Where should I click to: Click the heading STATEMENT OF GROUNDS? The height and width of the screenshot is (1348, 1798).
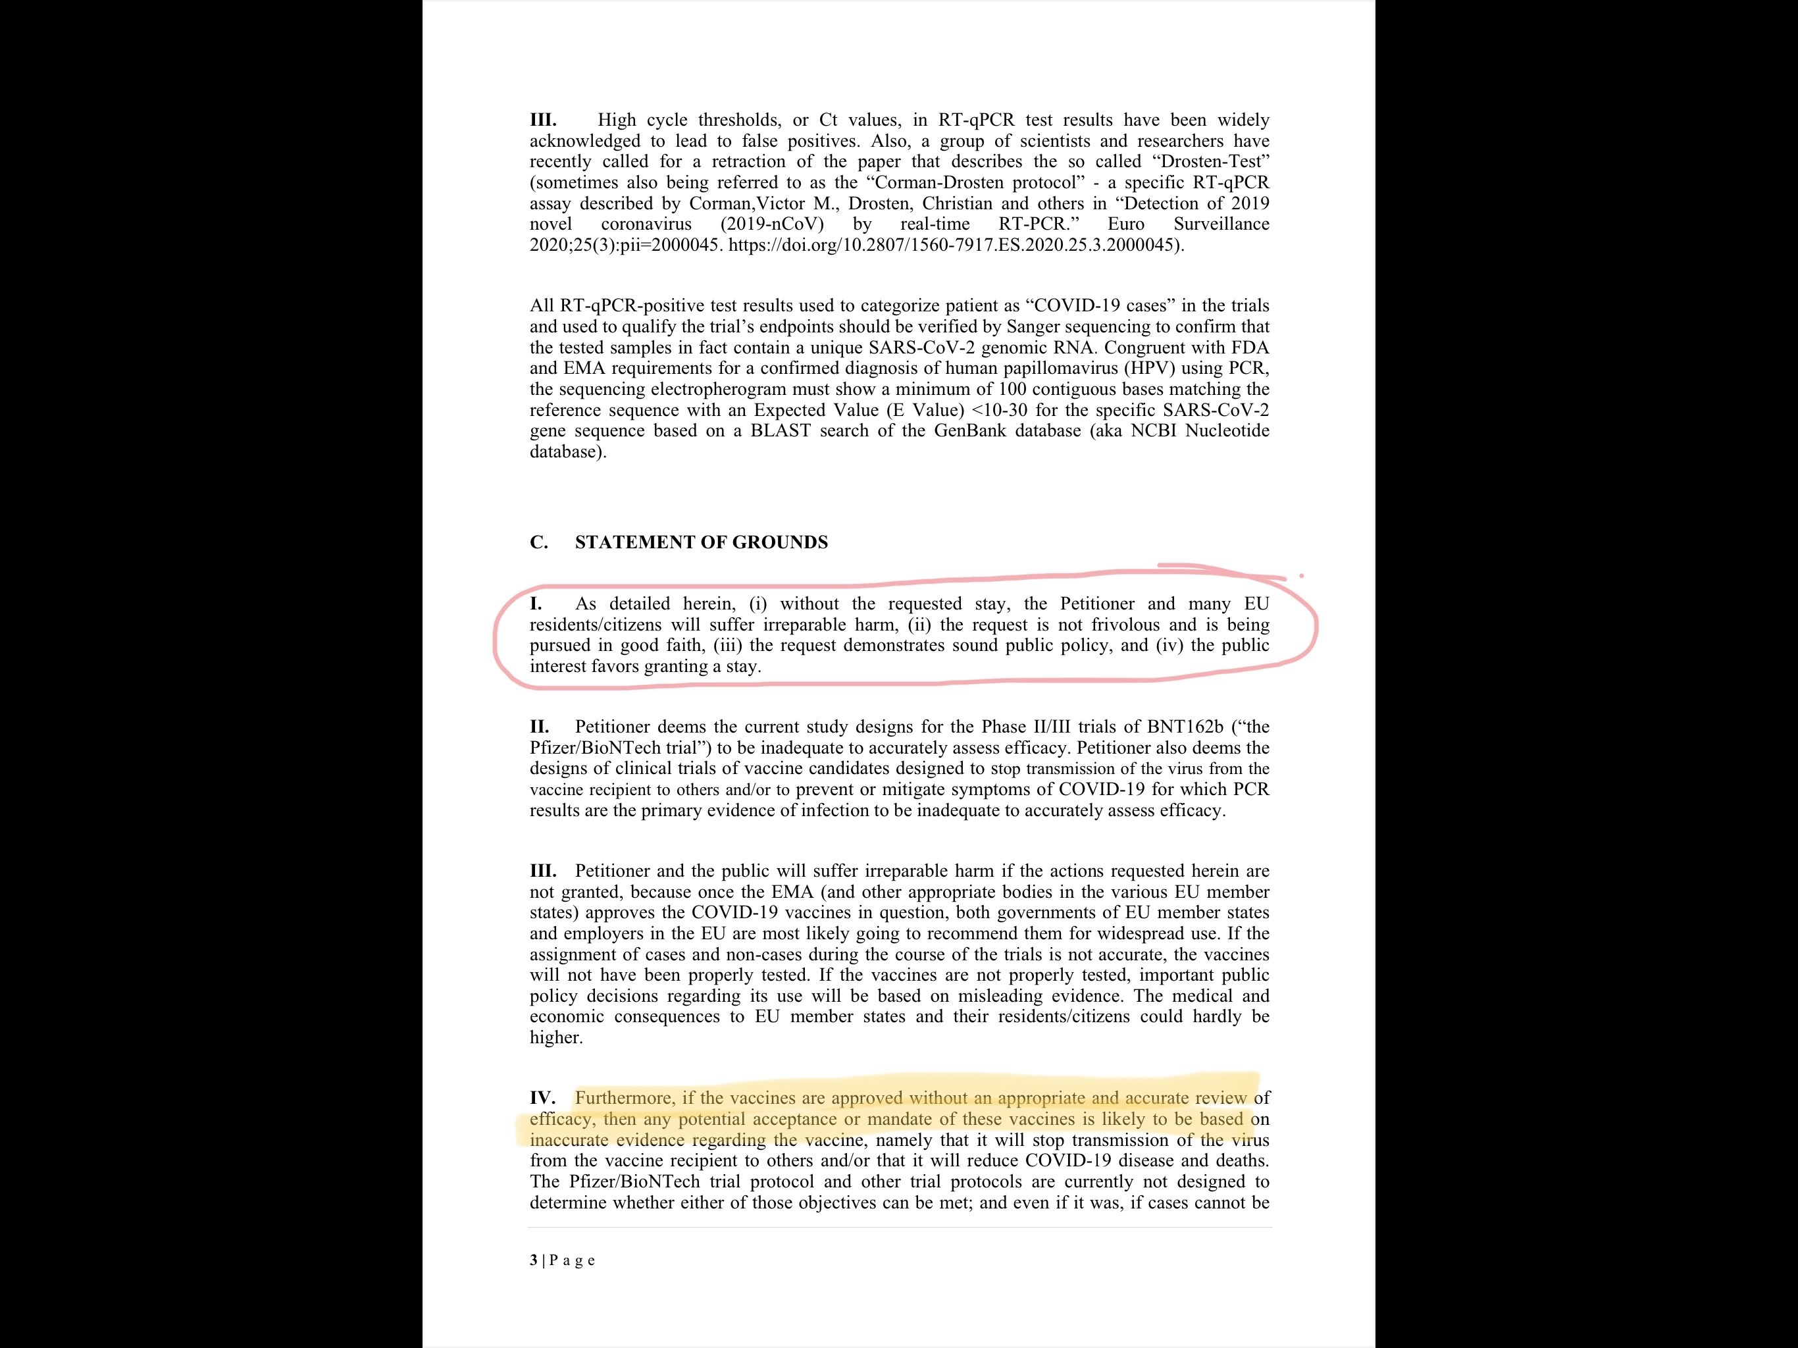point(701,542)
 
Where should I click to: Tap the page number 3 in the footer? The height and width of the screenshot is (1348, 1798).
point(533,1260)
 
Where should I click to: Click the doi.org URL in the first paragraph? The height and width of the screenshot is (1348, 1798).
point(955,245)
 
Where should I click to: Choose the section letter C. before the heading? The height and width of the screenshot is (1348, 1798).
point(538,542)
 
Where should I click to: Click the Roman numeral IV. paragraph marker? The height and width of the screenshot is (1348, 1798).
point(542,1099)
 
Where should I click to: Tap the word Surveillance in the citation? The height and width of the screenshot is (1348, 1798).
point(1221,224)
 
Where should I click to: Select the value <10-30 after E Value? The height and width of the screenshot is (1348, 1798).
point(999,411)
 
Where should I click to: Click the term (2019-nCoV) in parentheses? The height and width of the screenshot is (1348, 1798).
point(771,224)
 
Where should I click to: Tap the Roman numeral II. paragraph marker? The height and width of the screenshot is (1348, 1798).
point(539,727)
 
